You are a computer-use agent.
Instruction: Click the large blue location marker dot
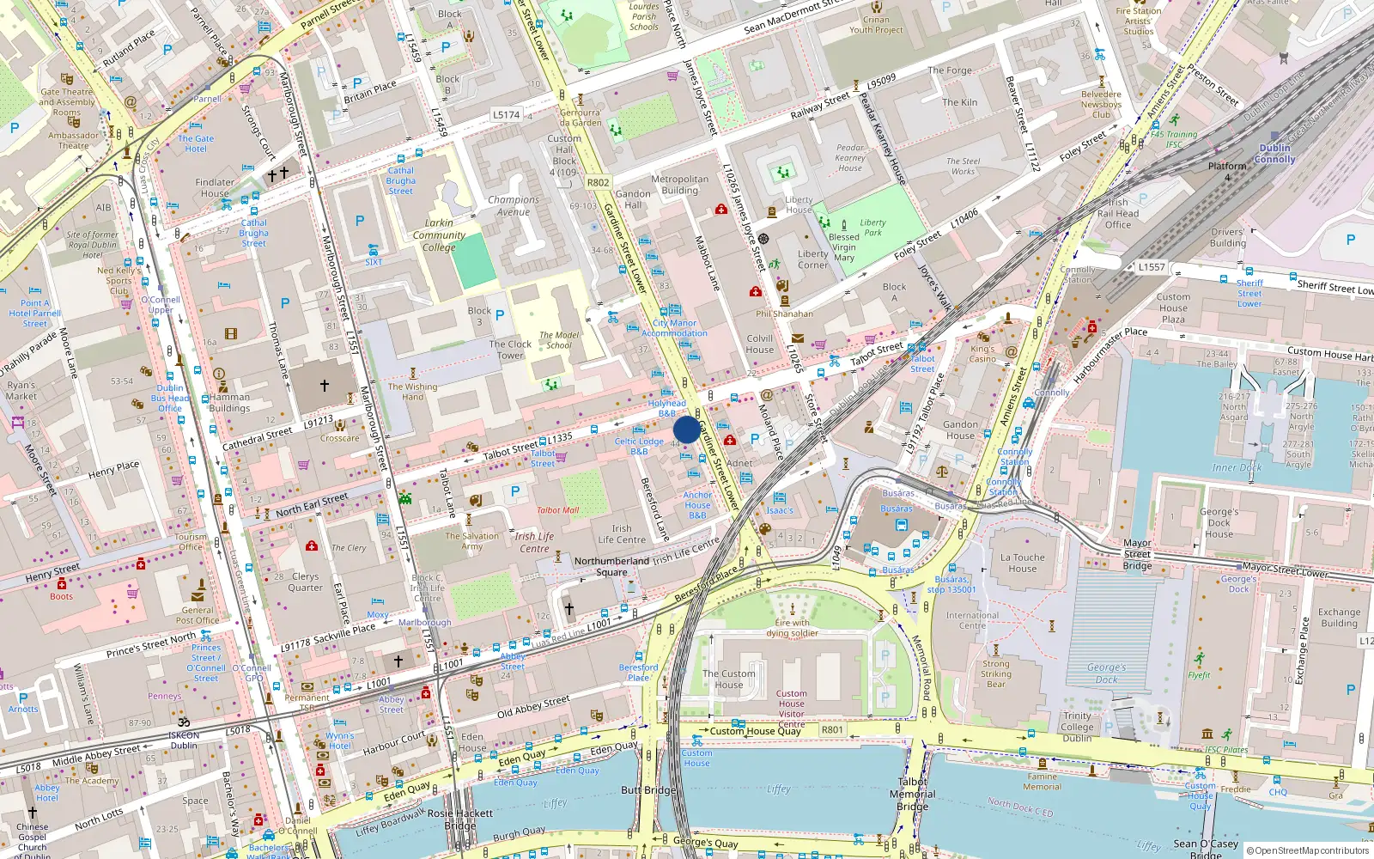686,429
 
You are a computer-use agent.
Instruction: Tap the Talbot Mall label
557,510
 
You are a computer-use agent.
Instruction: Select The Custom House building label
728,679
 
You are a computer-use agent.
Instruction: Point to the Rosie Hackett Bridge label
460,819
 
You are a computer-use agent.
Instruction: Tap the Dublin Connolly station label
1274,153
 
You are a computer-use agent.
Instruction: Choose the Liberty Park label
872,227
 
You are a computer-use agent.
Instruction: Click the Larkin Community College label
439,235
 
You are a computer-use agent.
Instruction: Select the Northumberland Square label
611,566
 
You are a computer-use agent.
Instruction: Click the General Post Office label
197,615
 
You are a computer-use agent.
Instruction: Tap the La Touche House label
1022,563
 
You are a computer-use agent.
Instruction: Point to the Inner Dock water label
1237,467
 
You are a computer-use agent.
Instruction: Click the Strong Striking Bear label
996,673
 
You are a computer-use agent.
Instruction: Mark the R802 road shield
598,182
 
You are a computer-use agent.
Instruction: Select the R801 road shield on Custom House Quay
832,729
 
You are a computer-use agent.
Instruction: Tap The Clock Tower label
510,350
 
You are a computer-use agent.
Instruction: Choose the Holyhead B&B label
666,408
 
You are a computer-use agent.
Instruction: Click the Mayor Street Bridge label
1137,554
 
